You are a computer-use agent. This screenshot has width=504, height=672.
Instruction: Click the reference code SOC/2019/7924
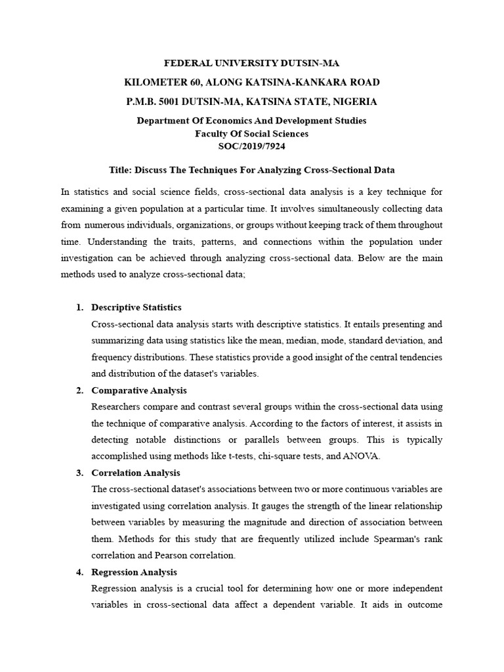point(251,146)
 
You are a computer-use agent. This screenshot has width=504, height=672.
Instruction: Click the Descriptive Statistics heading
point(136,307)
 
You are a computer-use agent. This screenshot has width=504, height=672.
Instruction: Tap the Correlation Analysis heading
point(136,472)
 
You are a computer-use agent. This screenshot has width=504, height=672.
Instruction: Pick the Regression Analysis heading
point(135,572)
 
